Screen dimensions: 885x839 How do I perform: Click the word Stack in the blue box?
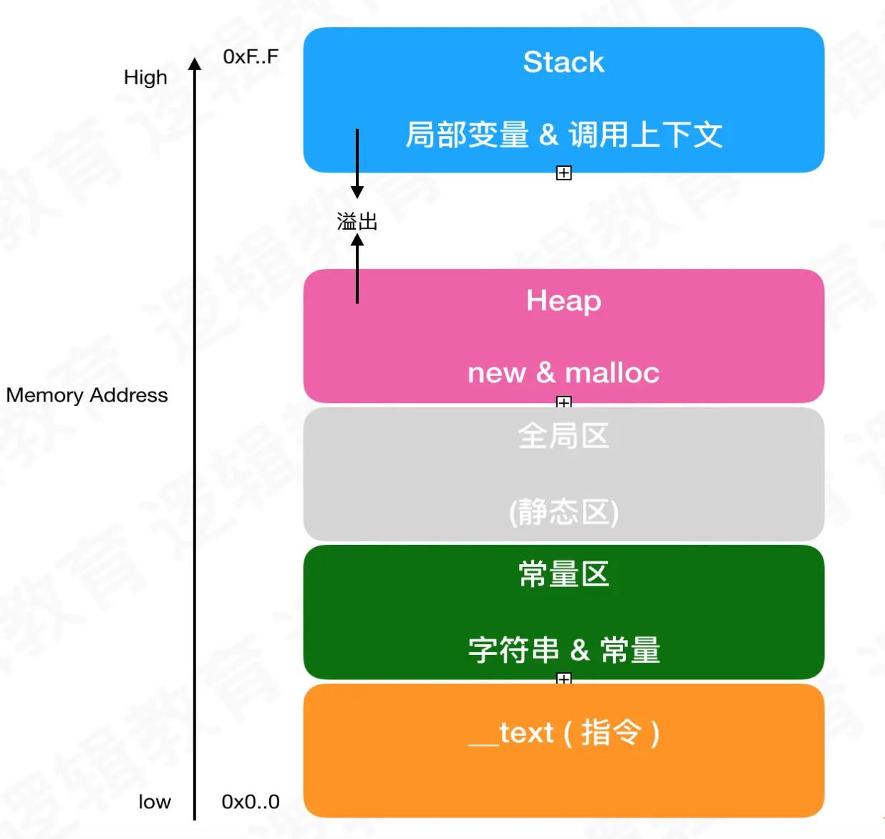click(x=564, y=62)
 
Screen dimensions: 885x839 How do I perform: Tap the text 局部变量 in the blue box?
click(x=467, y=135)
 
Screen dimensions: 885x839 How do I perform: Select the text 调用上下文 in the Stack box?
click(x=645, y=135)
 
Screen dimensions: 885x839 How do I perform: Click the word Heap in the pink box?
click(x=564, y=301)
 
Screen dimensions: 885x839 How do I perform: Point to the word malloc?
click(x=612, y=373)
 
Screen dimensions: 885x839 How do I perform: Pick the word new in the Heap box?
click(x=496, y=373)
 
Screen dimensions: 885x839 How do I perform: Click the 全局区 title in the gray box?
click(x=564, y=436)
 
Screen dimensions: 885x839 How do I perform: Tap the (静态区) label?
click(x=564, y=512)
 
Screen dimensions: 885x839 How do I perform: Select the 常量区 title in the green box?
click(x=564, y=574)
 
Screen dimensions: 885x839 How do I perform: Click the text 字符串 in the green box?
click(x=513, y=650)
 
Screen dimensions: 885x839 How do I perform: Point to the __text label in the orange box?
click(x=511, y=733)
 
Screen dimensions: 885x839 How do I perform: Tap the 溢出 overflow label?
click(x=357, y=221)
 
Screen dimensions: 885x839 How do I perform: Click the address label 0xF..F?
click(x=251, y=57)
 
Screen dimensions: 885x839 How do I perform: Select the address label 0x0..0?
click(x=251, y=802)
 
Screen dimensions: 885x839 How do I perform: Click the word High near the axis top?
click(x=145, y=77)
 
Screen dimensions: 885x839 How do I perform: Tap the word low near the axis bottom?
click(x=155, y=802)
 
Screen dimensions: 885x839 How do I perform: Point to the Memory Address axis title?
click(x=87, y=395)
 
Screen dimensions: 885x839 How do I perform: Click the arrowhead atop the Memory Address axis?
click(x=195, y=64)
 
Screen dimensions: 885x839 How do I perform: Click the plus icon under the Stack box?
click(x=564, y=173)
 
